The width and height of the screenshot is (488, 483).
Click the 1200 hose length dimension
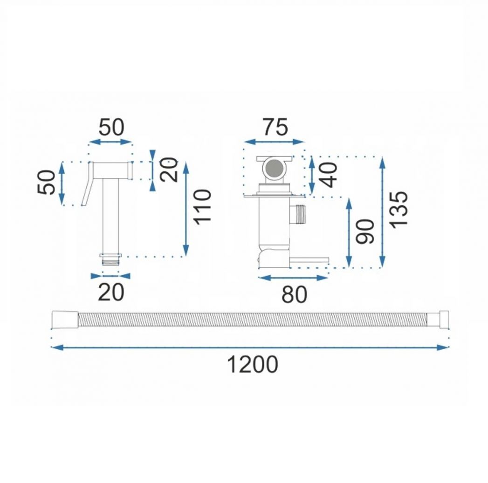(x=253, y=364)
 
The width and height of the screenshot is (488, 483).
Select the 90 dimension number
(x=365, y=231)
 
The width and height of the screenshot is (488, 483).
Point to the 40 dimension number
(x=329, y=175)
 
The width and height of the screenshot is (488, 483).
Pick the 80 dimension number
(x=295, y=294)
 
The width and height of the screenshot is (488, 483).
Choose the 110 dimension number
(x=202, y=207)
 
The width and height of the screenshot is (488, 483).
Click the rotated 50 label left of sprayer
(x=46, y=183)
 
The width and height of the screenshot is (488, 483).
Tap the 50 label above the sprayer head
(x=111, y=127)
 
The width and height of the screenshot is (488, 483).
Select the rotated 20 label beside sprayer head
(x=169, y=170)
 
